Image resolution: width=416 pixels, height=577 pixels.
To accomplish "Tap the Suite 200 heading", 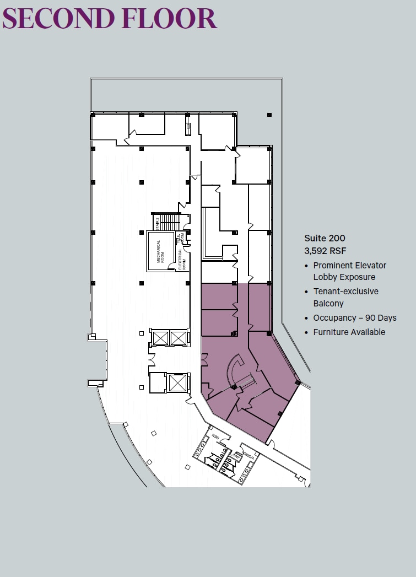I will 325,238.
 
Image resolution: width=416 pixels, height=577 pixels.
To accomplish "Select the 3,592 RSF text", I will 325,251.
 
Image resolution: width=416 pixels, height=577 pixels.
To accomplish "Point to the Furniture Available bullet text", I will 349,332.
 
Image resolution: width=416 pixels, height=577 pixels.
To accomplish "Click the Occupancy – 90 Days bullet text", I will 354,318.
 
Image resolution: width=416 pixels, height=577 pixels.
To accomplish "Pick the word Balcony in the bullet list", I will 328,304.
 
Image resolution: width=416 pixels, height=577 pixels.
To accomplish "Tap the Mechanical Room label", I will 161,251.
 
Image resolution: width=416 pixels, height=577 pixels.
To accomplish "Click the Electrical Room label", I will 181,258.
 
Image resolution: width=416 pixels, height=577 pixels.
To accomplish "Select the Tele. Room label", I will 180,238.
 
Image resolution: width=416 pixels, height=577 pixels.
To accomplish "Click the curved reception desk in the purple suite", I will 233,368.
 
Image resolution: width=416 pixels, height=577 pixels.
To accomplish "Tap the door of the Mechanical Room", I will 172,267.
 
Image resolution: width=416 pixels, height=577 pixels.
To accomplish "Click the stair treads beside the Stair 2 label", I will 170,222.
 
